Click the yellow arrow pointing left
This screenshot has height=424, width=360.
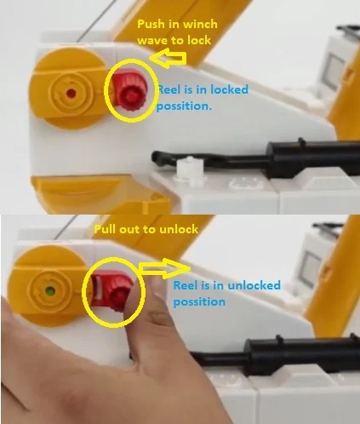point(168,59)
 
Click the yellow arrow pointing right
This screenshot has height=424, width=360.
point(164,268)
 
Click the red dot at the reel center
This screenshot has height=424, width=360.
point(71,93)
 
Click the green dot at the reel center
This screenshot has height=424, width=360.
point(50,291)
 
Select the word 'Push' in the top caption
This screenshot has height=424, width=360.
point(151,25)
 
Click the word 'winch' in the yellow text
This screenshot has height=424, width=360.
point(201,25)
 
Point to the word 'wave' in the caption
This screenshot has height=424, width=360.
point(152,41)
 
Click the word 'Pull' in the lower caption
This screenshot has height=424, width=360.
point(105,229)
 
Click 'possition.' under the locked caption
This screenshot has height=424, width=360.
point(185,106)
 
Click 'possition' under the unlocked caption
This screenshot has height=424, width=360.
point(199,302)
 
